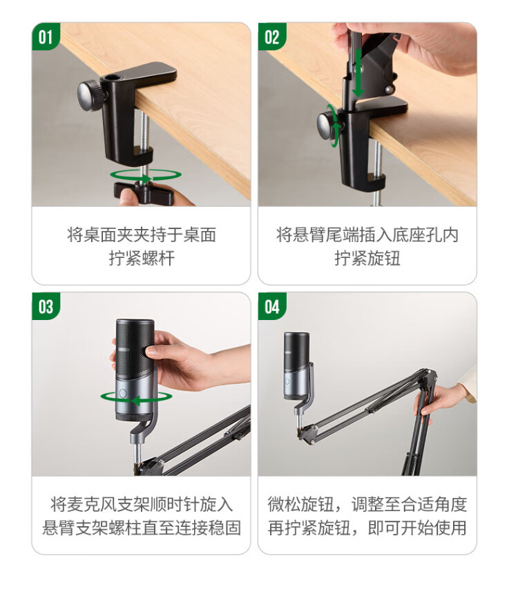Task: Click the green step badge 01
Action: tap(46, 36)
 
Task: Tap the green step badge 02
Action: tap(271, 36)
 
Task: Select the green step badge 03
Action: tap(46, 306)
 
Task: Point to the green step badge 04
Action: tap(271, 306)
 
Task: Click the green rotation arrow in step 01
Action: tap(146, 175)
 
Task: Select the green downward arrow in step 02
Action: tap(358, 72)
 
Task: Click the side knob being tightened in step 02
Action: tap(327, 126)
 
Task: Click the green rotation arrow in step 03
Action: tap(136, 398)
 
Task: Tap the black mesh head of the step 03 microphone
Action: tap(134, 348)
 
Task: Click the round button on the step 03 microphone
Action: tap(122, 393)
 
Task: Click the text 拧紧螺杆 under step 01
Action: tap(142, 259)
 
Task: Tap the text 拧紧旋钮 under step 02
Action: tap(367, 259)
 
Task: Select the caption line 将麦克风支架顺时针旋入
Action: tap(142, 504)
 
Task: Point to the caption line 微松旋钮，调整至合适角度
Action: tap(367, 504)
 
